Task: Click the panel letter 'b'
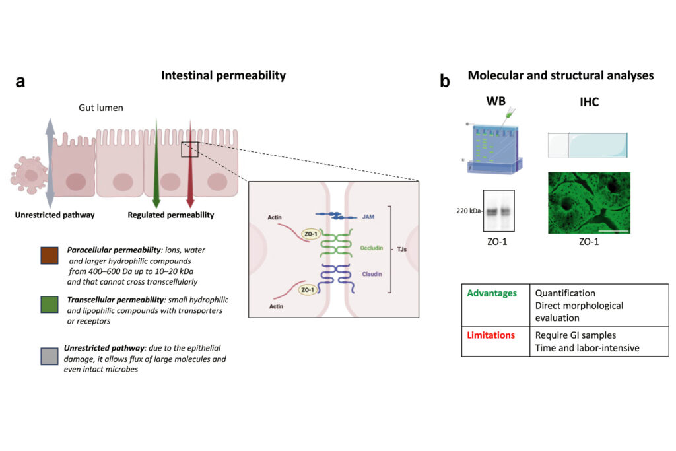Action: tap(445, 82)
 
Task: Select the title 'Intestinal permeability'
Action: tap(223, 76)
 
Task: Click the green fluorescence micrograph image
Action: tap(589, 203)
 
